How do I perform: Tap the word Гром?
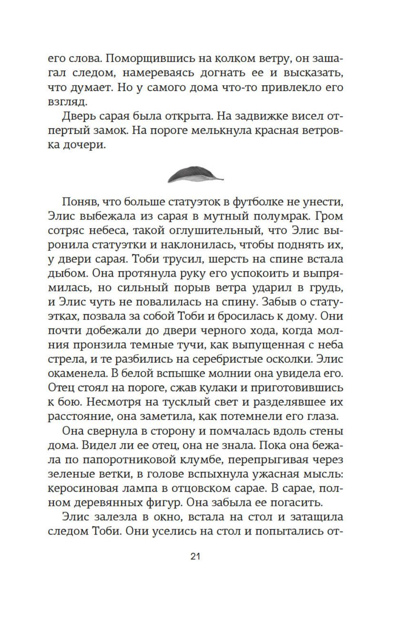point(330,216)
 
